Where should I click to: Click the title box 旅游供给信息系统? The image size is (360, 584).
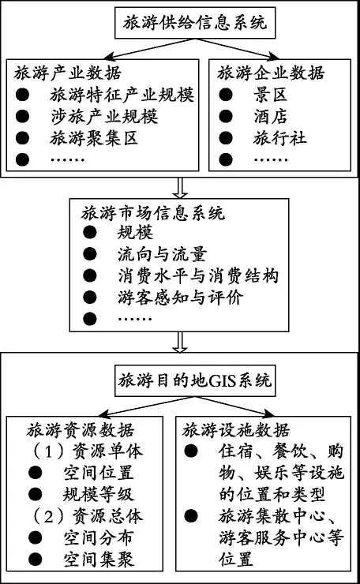[195, 22]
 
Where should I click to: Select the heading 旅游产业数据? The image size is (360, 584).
[68, 73]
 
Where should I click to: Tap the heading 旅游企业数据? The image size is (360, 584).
[271, 73]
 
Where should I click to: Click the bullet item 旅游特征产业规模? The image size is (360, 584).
[122, 95]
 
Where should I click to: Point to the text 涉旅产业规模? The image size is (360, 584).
[104, 117]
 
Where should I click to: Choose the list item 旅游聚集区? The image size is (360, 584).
[94, 138]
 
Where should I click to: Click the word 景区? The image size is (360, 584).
[270, 95]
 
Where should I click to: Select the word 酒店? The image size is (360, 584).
[270, 117]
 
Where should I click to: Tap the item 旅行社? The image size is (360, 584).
[279, 138]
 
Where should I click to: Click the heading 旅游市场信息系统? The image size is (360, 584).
[153, 213]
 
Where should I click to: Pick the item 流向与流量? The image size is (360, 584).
[162, 254]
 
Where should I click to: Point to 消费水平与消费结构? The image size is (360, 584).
[198, 276]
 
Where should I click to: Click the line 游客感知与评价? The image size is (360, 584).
[180, 298]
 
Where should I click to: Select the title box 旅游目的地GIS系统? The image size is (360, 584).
[195, 380]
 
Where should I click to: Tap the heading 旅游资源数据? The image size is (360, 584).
[80, 430]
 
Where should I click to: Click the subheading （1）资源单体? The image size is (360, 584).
[87, 451]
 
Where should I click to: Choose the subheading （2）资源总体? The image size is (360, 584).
[87, 516]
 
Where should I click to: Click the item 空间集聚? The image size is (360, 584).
[99, 560]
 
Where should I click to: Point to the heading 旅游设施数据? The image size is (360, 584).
[236, 430]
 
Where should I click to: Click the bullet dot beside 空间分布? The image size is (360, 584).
[35, 537]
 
